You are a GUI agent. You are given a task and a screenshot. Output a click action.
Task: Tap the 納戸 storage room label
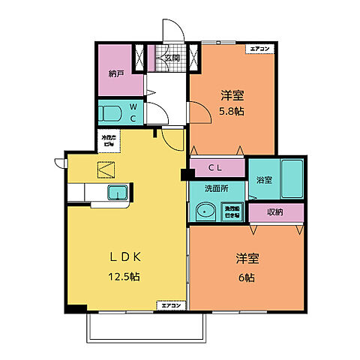tap(115, 74)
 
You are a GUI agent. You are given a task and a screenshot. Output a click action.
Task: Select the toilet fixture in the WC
tap(110, 114)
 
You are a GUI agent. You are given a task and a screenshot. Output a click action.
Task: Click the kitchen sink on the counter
tap(117, 193)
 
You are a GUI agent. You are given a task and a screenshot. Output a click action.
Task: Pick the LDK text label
tap(126, 256)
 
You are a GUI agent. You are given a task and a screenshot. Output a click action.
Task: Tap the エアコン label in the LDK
tap(169, 305)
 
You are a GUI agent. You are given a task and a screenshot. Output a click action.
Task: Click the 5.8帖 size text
tap(232, 112)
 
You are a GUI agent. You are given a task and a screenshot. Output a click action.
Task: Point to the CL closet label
tap(217, 166)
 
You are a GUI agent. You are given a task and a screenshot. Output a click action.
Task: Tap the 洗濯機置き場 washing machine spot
tap(232, 212)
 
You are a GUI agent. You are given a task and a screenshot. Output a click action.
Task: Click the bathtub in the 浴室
tap(290, 180)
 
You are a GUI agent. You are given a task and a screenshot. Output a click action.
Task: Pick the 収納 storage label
tap(275, 212)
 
